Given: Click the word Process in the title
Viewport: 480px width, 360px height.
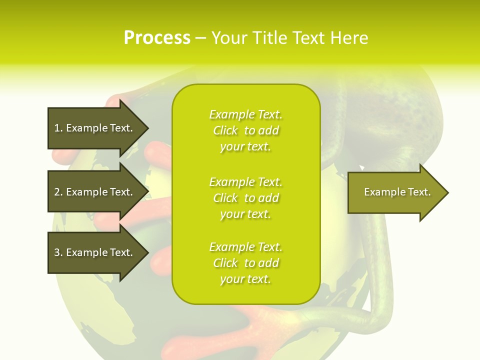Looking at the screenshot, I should pyautogui.click(x=157, y=38).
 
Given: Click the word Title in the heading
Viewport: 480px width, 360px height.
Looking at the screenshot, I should pyautogui.click(x=269, y=38).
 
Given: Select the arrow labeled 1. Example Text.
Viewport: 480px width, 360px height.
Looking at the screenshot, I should pyautogui.click(x=95, y=128).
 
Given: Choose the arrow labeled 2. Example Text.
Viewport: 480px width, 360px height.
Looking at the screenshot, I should pyautogui.click(x=95, y=192).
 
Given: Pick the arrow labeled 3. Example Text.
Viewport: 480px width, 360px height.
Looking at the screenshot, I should pyautogui.click(x=95, y=252).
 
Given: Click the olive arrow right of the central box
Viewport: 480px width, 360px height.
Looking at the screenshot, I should pyautogui.click(x=395, y=192).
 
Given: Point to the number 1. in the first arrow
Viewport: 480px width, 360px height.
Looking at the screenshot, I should pyautogui.click(x=58, y=128).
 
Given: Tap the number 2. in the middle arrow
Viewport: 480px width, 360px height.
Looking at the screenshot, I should pyautogui.click(x=58, y=192).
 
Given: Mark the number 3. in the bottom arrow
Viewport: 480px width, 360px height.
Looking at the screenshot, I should pyautogui.click(x=58, y=252).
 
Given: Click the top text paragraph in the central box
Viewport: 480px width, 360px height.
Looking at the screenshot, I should pyautogui.click(x=245, y=130).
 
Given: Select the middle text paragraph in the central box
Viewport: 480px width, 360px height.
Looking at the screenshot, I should pyautogui.click(x=245, y=198).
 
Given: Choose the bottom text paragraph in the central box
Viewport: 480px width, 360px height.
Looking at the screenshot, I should pyautogui.click(x=245, y=263).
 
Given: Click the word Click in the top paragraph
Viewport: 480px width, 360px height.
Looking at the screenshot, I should pyautogui.click(x=225, y=130).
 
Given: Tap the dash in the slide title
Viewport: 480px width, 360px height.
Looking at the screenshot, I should pyautogui.click(x=201, y=38).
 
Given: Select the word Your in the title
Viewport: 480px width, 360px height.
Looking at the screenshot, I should pyautogui.click(x=229, y=38).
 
